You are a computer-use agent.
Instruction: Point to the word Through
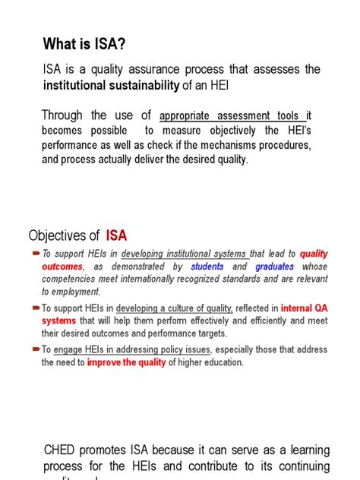point(62,115)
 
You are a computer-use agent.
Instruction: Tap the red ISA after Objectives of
point(117,234)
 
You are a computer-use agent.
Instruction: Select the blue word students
point(207,267)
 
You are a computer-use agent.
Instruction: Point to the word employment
point(75,292)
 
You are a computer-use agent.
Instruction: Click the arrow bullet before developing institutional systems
point(36,254)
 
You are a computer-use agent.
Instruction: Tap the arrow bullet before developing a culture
point(36,308)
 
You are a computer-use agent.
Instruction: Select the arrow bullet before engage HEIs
point(36,349)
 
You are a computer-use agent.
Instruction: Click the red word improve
point(103,362)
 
